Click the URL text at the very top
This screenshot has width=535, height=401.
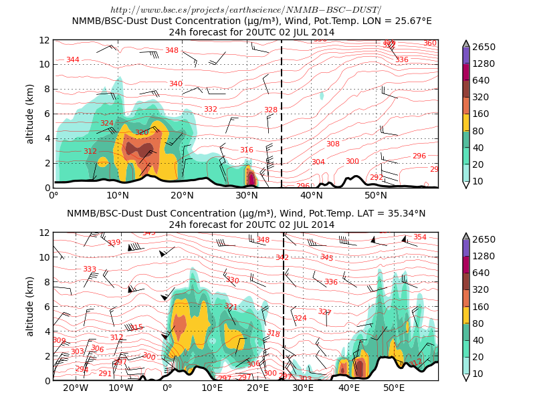tap(245, 10)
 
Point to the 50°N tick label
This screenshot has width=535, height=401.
tap(376, 196)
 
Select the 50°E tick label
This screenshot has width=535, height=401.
tap(394, 388)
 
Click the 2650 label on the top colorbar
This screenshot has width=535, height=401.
tap(490, 47)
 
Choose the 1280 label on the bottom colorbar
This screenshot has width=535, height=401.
tap(490, 256)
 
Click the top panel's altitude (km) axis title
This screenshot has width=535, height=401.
tap(30, 114)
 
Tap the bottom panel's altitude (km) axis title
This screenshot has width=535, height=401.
tap(30, 306)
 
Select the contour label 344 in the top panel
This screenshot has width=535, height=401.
tap(73, 60)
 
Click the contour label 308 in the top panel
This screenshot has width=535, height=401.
tap(333, 144)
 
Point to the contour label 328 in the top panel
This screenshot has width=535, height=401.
tap(270, 110)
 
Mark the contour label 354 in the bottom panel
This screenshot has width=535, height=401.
tap(419, 237)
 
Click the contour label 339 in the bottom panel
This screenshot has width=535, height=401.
tap(114, 243)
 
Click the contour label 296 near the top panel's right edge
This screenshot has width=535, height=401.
tap(419, 156)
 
